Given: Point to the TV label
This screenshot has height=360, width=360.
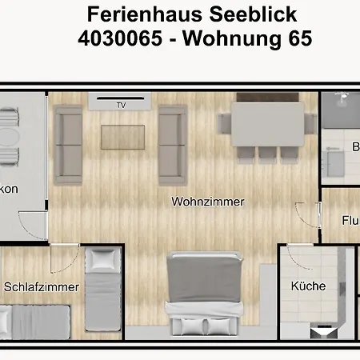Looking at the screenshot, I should coord(122,104).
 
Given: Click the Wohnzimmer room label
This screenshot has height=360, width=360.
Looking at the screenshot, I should coord(208,202).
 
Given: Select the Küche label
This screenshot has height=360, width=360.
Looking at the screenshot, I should coord(308,286).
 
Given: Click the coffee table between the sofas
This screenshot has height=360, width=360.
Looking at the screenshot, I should coord(122,138).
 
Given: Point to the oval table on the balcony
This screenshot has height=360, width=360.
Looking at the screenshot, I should coord(7,136).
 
